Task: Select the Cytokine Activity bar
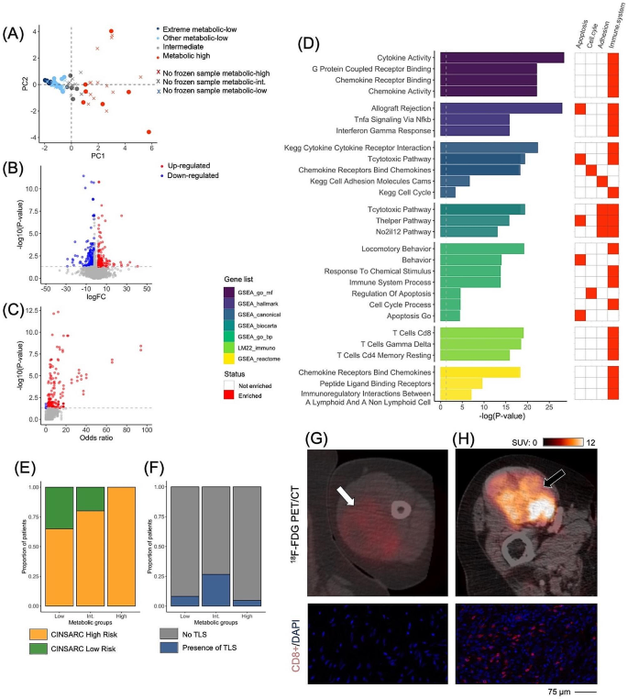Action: click(x=501, y=57)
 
